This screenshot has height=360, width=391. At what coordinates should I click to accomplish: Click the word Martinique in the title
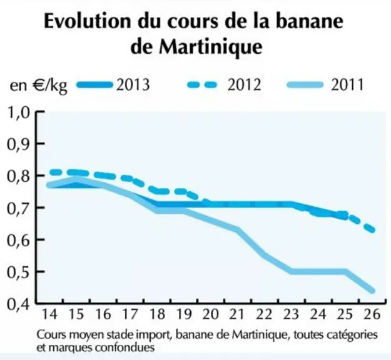tap(211, 47)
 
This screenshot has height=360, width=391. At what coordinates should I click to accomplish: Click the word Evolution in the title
tap(87, 21)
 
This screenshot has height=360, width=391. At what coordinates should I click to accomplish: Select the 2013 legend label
tap(133, 85)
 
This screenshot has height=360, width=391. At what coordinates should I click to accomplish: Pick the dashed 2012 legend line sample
tap(202, 85)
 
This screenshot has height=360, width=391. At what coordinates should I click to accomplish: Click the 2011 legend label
tap(347, 85)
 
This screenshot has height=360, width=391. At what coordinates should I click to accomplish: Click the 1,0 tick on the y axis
tap(18, 113)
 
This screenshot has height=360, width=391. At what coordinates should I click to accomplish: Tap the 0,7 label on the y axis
tap(18, 208)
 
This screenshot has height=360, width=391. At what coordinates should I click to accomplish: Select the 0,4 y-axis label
tap(18, 304)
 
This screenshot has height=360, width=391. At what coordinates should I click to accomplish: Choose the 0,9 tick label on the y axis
tap(18, 144)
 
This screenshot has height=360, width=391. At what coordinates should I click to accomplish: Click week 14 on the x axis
tap(50, 314)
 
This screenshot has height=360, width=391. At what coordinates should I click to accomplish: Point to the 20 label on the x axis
tap(210, 314)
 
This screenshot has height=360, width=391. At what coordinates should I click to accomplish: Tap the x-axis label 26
tap(372, 314)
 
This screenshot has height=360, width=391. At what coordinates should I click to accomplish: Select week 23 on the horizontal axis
tap(291, 314)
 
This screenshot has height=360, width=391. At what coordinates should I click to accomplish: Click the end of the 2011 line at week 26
tap(372, 291)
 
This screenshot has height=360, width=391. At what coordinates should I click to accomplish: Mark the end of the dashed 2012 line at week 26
tap(372, 230)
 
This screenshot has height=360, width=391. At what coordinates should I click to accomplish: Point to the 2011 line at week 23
tap(291, 271)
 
